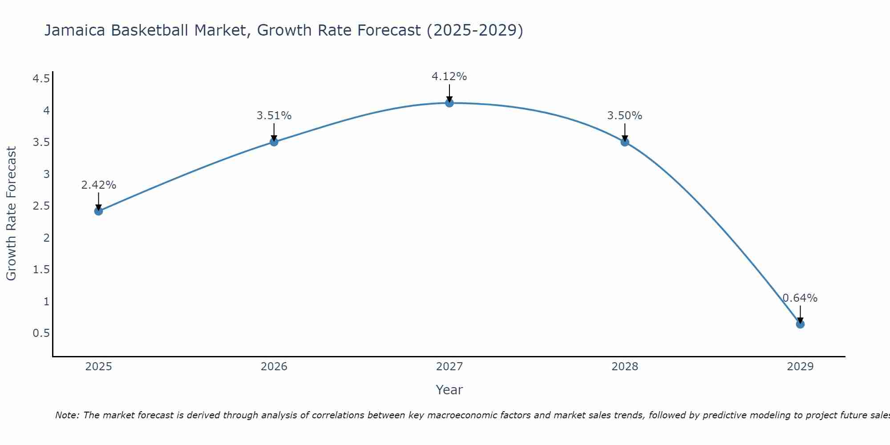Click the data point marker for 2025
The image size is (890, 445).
tap(99, 211)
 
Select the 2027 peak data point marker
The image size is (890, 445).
tap(449, 103)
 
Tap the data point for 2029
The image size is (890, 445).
tap(800, 324)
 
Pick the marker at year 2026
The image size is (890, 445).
tap(274, 142)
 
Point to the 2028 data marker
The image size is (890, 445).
tap(625, 142)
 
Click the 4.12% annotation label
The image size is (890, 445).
tap(449, 77)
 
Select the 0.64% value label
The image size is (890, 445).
tap(800, 298)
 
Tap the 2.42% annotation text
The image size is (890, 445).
tap(99, 185)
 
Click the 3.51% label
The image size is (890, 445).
tap(274, 116)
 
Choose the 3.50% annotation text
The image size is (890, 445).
tap(625, 116)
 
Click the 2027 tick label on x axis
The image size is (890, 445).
tap(449, 367)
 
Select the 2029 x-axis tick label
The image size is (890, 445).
tap(800, 367)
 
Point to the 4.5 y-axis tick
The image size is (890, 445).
tap(41, 79)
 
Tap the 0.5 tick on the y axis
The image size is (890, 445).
tap(41, 333)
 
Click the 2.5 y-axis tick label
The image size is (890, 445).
tap(41, 206)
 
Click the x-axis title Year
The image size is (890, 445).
tap(449, 390)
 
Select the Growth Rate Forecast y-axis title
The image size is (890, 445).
tap(12, 214)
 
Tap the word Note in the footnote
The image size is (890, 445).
tap(67, 415)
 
